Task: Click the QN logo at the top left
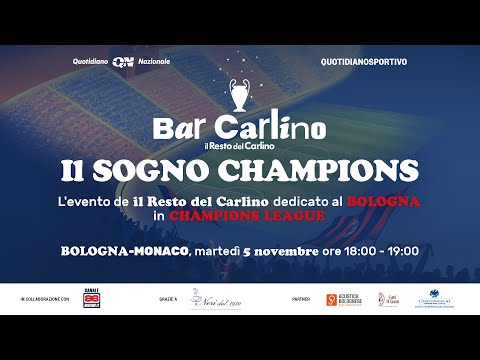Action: tap(123, 62)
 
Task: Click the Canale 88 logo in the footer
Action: tap(91, 299)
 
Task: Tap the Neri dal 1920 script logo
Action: tap(217, 299)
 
